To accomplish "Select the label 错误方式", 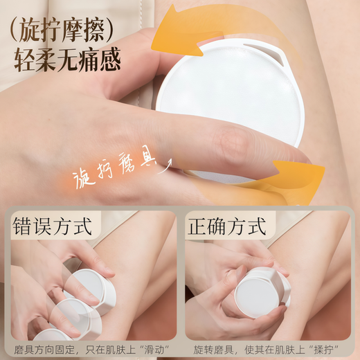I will pyautogui.click(x=53, y=226).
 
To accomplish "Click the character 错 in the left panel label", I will pyautogui.click(x=24, y=226).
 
